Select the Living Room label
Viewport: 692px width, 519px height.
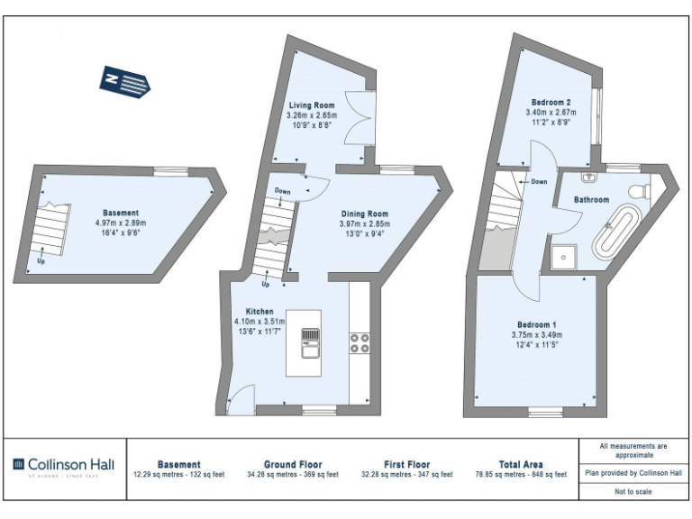click(311, 105)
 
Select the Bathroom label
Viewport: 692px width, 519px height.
click(593, 199)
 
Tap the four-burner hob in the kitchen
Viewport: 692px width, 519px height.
click(360, 343)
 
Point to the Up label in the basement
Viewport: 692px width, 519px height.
click(41, 262)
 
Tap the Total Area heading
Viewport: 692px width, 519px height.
click(521, 464)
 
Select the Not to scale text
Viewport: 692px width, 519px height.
click(633, 491)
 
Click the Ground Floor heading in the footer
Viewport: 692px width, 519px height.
click(293, 464)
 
